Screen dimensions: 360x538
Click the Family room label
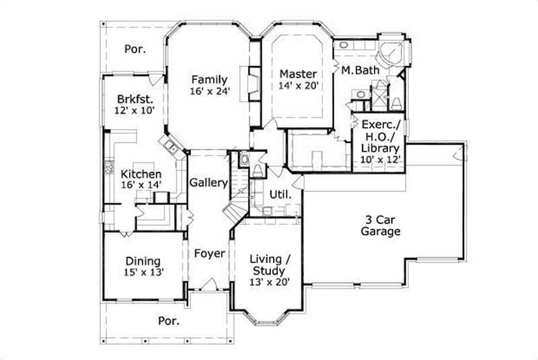coord(208,78)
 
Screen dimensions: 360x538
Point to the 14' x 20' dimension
coord(298,85)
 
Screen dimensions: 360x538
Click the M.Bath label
coord(360,70)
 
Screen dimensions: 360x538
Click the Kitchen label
coord(141,174)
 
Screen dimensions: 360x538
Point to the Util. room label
coord(280,194)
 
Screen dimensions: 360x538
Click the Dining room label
coord(143,260)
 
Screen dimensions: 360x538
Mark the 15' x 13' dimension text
coord(143,273)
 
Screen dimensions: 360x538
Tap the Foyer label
coord(208,254)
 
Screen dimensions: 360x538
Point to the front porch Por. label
coord(168,321)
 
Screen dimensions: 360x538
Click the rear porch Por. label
coord(135,48)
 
